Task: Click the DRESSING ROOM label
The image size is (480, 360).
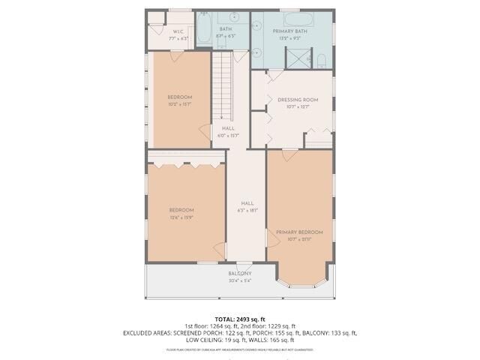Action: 298,99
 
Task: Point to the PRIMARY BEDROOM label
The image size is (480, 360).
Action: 298,232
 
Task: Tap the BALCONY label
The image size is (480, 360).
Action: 240,274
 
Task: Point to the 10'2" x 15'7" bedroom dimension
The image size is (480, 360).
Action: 179,104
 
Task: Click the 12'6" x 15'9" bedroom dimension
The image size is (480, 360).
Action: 181,217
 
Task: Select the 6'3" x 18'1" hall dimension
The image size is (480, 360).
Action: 247,211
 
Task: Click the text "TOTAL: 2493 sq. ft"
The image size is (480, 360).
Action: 240,319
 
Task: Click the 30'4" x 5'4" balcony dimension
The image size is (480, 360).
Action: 240,282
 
